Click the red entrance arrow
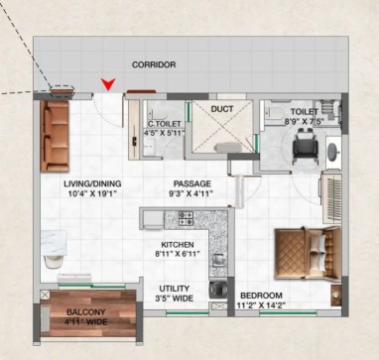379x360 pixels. pos(108,84)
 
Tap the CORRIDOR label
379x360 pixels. pos(154,64)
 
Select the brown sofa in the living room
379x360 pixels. pos(55,136)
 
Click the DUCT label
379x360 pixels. pos(222,109)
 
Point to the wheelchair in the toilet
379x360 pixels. pos(306,146)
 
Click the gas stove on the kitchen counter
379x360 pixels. pos(186,218)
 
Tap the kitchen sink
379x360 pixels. pos(218,260)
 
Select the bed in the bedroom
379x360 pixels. pos(308,253)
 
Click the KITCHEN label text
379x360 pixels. pos(178,245)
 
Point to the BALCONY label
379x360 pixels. pos(86,312)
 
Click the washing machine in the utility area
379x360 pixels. pos(218,290)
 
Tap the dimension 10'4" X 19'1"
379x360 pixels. pos(93,193)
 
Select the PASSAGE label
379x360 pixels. pos(192,183)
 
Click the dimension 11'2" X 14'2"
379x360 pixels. pos(261,305)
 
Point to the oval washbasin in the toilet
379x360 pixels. pos(332,152)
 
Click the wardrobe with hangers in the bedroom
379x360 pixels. pos(331,197)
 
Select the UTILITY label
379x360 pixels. pos(175,289)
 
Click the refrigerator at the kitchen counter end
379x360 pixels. pos(153,219)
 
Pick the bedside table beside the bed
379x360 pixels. pos(336,296)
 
